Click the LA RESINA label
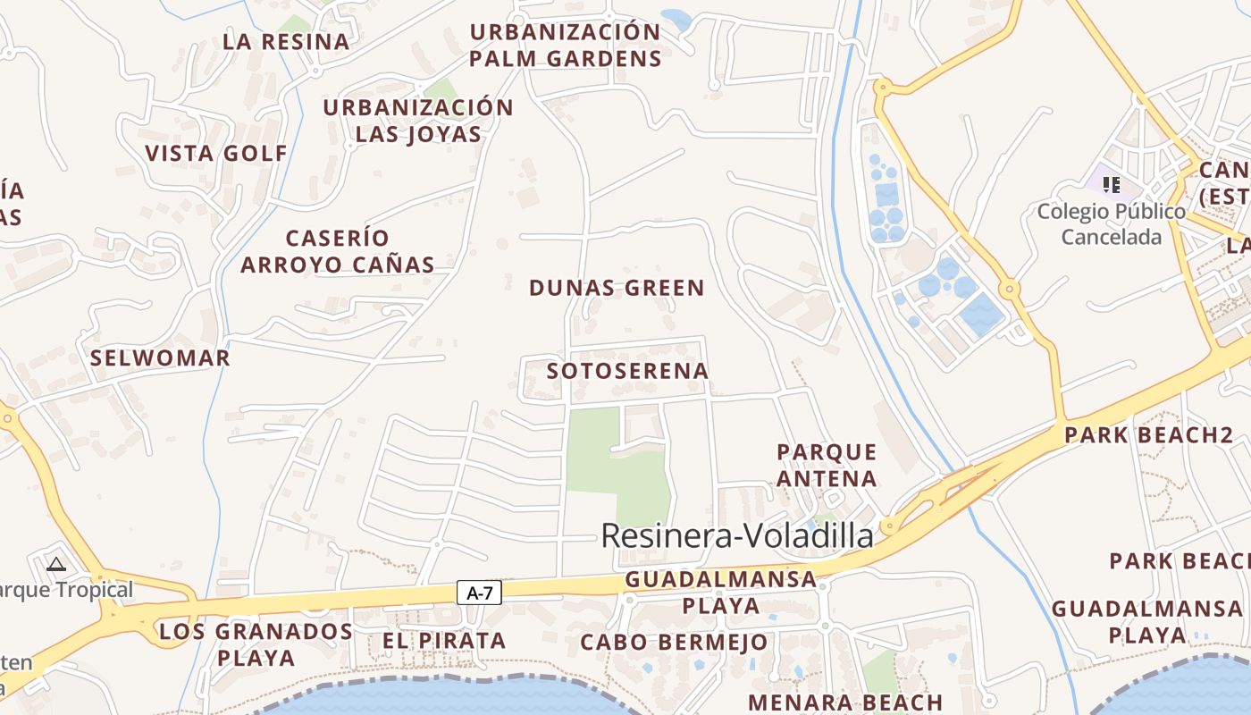(286, 42)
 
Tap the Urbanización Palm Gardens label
(566, 46)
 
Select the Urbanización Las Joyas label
(418, 121)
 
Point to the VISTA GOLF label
(216, 154)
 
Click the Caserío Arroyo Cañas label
(338, 251)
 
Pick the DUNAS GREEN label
(617, 288)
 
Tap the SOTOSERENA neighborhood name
(627, 371)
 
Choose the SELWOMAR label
(160, 358)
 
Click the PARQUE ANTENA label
(827, 465)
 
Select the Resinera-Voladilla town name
(737, 536)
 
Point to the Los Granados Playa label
(256, 644)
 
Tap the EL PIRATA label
(444, 641)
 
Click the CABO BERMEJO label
(674, 643)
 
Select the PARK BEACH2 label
(1148, 436)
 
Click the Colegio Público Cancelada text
(1112, 224)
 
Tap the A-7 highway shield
(480, 592)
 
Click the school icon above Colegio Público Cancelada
(1112, 185)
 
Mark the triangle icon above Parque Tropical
(56, 564)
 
